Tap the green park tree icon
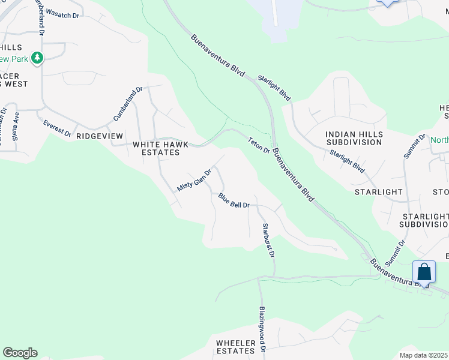pyautogui.click(x=38, y=58)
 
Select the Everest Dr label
pyautogui.click(x=58, y=127)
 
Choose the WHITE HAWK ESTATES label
pyautogui.click(x=156, y=148)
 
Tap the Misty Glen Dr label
pyautogui.click(x=194, y=179)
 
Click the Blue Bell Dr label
pyautogui.click(x=234, y=201)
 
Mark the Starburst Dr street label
pyautogui.click(x=268, y=241)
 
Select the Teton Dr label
pyautogui.click(x=259, y=145)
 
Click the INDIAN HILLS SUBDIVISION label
pyautogui.click(x=354, y=138)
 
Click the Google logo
pyautogui.click(x=20, y=353)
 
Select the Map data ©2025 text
pyautogui.click(x=423, y=355)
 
